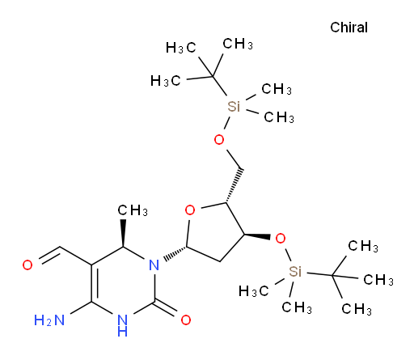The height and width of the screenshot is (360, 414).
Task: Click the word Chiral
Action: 349,28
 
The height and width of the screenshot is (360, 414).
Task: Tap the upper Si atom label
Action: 234,107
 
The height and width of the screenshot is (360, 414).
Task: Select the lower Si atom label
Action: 295,271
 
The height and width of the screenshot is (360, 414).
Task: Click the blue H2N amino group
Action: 49,320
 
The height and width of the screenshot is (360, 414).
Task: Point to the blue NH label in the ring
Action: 123,326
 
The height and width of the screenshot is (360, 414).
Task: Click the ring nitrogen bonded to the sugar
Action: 154,265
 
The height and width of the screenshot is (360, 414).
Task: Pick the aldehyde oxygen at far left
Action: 27,265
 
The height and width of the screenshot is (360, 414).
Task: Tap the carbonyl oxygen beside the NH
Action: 186,320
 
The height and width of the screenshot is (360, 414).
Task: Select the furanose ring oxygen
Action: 190,210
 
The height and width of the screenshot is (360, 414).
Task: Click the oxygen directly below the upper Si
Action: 219,140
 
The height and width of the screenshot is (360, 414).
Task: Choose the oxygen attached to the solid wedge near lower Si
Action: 281,239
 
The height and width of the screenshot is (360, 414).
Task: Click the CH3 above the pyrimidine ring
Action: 133,210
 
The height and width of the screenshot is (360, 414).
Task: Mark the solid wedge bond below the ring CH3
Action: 123,233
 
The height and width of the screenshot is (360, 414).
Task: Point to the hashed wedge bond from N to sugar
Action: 175,254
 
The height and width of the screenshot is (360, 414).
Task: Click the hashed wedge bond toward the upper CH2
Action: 234,185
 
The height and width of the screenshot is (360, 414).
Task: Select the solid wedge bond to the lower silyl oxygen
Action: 257,236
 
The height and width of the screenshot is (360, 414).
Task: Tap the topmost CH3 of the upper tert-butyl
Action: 238,44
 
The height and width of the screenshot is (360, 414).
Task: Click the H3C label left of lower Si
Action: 254,291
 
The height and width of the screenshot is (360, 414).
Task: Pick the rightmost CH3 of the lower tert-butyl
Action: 378,280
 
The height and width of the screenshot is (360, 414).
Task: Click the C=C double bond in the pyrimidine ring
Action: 93,283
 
